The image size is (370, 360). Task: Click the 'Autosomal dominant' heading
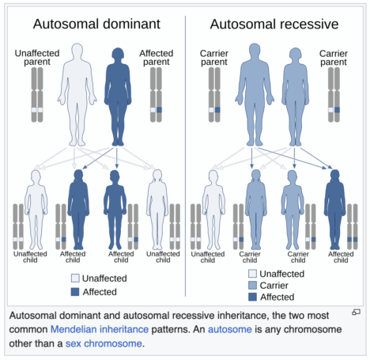pos(96,24)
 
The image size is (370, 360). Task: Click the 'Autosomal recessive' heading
pos(274,25)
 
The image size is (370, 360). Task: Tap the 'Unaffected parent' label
pos(37,57)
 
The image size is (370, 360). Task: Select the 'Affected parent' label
pos(157,57)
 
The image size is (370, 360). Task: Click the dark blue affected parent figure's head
pos(118,54)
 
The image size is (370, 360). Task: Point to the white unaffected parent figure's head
pos(77,50)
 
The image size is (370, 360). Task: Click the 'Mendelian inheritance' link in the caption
pos(100,329)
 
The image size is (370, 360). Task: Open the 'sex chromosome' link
pos(104,343)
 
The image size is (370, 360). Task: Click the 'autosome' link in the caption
pos(230,329)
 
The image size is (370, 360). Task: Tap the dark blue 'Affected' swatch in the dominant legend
pos(75,292)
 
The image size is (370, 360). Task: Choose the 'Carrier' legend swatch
pos(252,285)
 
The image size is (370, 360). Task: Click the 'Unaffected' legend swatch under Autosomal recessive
pos(252,274)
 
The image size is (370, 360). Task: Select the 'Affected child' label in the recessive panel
pos(341,257)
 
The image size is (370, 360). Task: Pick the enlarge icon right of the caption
pos(356,313)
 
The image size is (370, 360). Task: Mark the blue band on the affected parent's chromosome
pos(159,110)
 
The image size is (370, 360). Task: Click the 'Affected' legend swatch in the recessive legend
pos(252,297)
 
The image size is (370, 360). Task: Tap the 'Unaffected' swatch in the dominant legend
pos(75,278)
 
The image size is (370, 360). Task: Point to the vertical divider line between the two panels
pos(185,156)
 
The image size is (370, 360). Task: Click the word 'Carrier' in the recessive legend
pos(274,286)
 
